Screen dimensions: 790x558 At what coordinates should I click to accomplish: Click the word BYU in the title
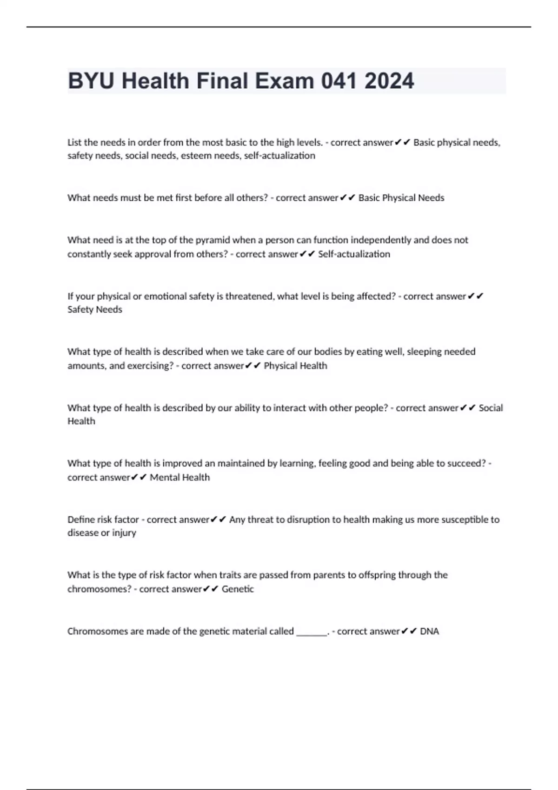click(91, 81)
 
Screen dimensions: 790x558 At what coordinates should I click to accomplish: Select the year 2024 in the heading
click(389, 81)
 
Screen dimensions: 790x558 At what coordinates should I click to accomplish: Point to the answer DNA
click(429, 631)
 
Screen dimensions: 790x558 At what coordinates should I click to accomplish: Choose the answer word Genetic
click(238, 589)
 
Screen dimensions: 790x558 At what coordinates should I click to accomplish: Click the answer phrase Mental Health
click(179, 477)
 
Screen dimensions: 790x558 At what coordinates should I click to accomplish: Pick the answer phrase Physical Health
click(295, 366)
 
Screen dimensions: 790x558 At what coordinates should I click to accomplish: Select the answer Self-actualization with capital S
click(354, 254)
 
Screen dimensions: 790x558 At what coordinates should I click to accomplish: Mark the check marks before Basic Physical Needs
click(348, 198)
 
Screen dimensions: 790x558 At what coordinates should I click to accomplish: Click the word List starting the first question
click(74, 142)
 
